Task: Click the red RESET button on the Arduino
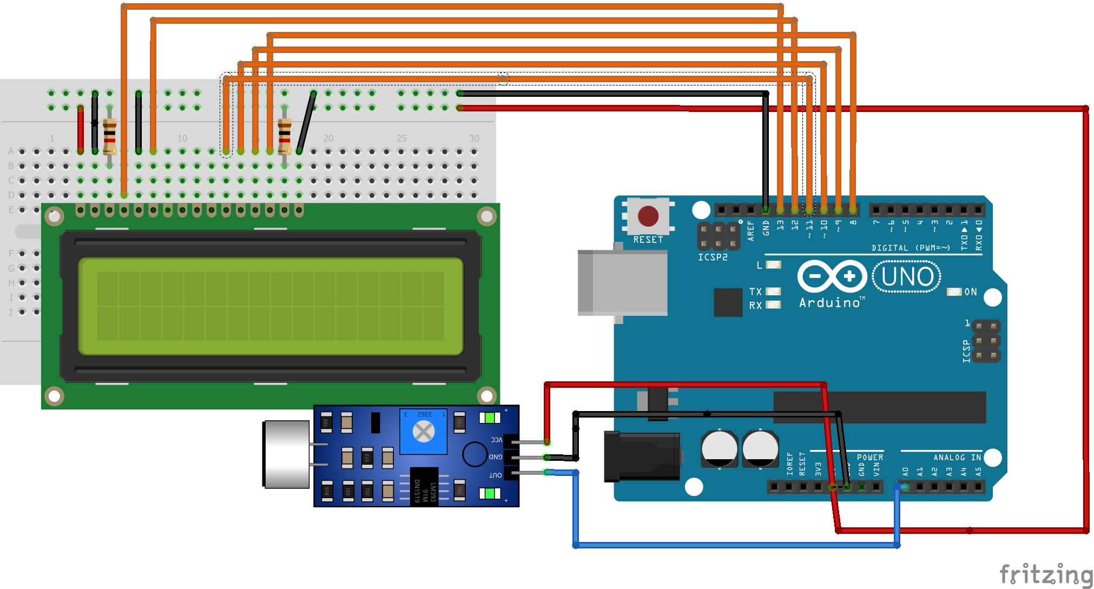point(648,216)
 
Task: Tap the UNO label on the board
point(907,277)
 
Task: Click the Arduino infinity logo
point(832,276)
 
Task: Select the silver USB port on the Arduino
point(622,282)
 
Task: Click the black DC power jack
point(642,456)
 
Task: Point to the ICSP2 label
point(712,257)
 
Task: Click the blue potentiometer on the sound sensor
point(423,431)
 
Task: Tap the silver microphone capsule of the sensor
point(287,454)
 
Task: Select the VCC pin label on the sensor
point(496,440)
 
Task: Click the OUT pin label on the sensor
point(496,475)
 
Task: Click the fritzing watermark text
point(1045,574)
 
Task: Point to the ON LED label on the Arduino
point(970,292)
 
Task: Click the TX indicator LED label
point(755,292)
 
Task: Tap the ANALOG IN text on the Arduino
point(957,458)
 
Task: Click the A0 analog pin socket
point(905,487)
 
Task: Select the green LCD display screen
point(271,306)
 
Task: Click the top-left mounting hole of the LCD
point(54,217)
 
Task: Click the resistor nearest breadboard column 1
point(109,137)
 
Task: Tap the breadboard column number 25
point(401,138)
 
